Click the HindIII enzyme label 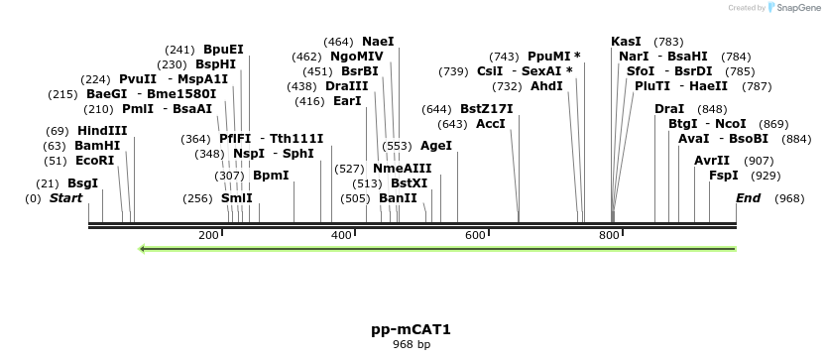[x=102, y=131]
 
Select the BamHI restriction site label [x=97, y=146]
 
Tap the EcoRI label [x=94, y=161]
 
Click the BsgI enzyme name [x=82, y=183]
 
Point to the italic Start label [x=65, y=199]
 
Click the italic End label [x=748, y=199]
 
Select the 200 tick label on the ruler [x=208, y=235]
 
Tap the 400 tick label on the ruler [x=342, y=235]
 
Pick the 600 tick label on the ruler [x=475, y=235]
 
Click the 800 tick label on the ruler [x=609, y=235]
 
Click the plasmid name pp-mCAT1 [x=410, y=329]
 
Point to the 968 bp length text [x=411, y=345]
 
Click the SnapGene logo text [x=792, y=8]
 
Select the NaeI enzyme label [x=378, y=42]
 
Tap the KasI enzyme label [x=626, y=42]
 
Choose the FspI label [x=724, y=176]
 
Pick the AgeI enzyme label [x=436, y=146]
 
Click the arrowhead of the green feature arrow [x=144, y=248]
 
